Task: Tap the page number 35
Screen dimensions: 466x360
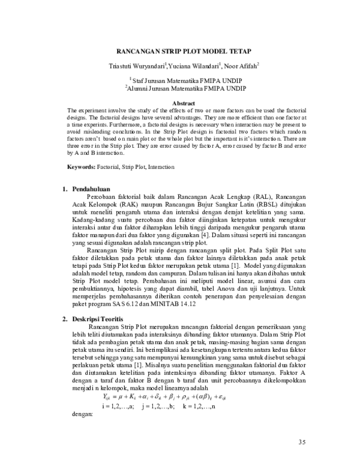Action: [302, 443]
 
